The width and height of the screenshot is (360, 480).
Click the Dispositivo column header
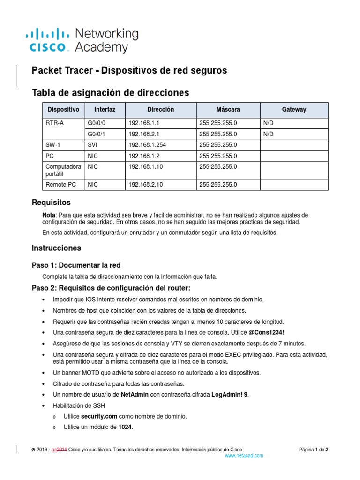coord(63,110)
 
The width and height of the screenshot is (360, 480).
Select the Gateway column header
coord(294,110)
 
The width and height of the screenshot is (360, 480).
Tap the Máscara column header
coord(228,110)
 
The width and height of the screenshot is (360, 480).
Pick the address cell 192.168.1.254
coord(147,145)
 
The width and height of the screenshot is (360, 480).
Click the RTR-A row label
coord(54,123)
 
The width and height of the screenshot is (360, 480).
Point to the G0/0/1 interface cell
coord(97,134)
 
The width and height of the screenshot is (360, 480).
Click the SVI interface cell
coord(92,145)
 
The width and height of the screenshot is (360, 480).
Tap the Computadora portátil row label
coord(63,170)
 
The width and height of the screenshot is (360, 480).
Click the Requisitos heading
coord(51,202)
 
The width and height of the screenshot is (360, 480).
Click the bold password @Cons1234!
coord(266,332)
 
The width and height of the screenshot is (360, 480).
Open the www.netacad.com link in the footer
coord(244,456)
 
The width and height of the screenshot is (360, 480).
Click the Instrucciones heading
coord(56,247)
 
